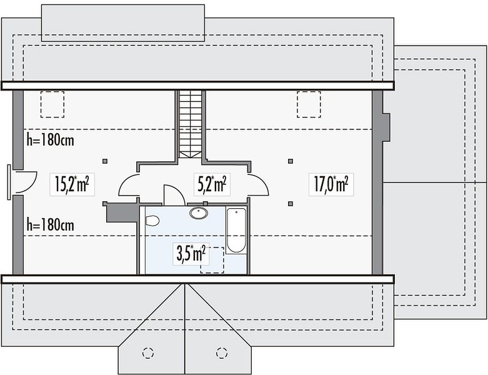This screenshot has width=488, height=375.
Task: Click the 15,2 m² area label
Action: [x=72, y=184]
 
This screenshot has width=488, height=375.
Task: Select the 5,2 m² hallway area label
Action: [x=212, y=184]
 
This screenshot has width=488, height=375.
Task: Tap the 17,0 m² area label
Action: [x=331, y=184]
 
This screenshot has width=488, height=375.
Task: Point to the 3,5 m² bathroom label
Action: [x=191, y=254]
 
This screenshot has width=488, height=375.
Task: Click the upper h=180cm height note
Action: [x=51, y=140]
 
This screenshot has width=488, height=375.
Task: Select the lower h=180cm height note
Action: [x=51, y=225]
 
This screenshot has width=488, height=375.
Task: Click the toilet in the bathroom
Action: [x=152, y=221]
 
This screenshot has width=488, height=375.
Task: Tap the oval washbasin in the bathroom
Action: [x=199, y=213]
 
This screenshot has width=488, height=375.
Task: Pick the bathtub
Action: [x=236, y=231]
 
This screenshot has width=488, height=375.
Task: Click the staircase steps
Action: [x=191, y=124]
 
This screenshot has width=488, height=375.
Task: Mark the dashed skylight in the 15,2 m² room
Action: [x=52, y=104]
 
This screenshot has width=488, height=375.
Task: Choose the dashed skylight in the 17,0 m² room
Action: [x=309, y=104]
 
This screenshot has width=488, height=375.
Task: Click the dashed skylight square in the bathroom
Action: [x=212, y=260]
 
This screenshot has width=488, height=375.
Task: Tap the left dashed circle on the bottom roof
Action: [x=148, y=353]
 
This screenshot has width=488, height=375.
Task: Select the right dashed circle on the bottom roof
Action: [x=222, y=353]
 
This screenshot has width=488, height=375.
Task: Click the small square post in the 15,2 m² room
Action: [x=105, y=161]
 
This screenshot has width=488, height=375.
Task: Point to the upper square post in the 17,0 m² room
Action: [x=291, y=161]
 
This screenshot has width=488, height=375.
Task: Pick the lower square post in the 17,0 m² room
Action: [x=291, y=204]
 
